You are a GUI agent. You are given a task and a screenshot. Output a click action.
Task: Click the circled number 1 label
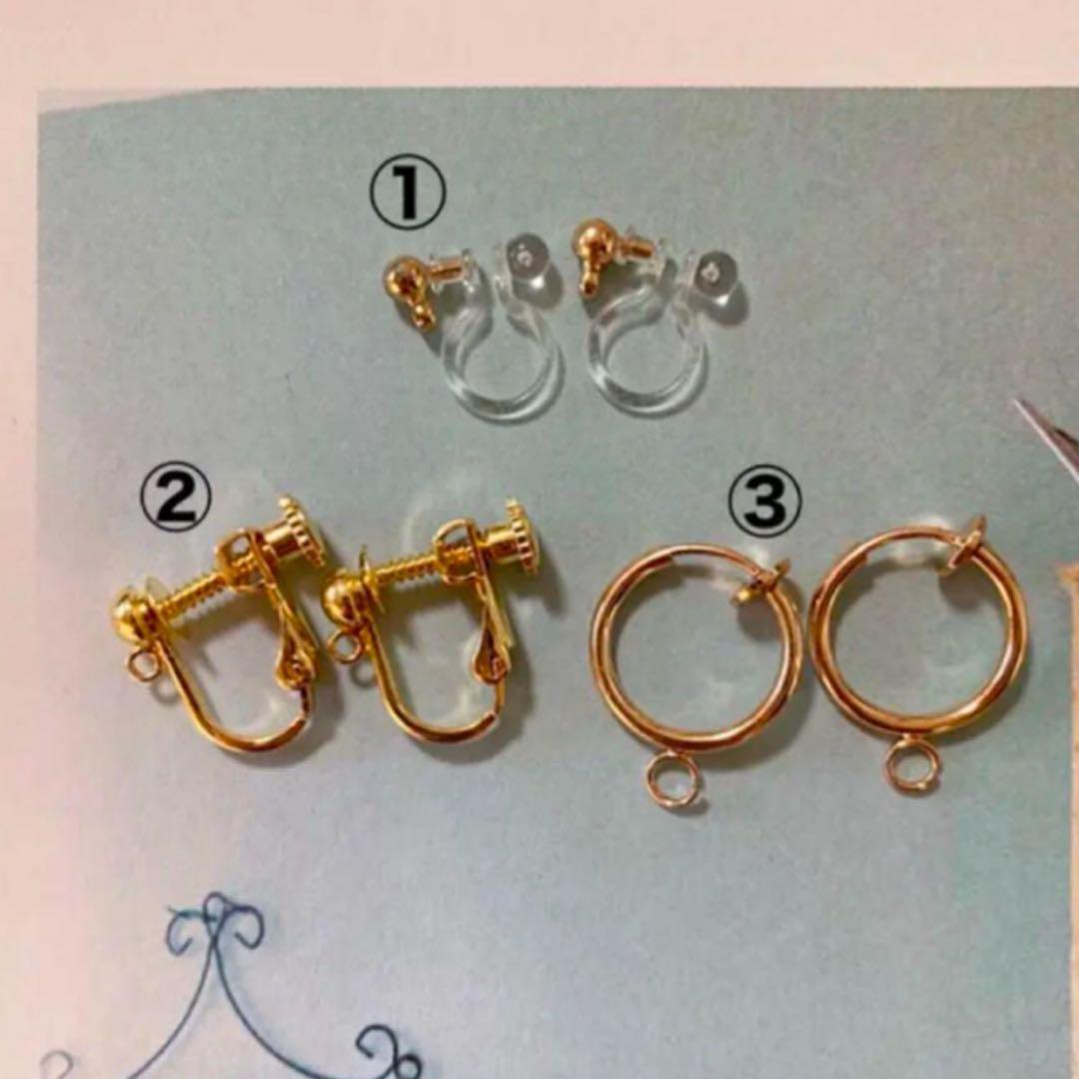(x=408, y=193)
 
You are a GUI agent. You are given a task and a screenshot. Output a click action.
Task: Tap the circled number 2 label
(x=175, y=501)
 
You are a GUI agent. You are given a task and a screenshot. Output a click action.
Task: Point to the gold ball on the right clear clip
(x=595, y=239)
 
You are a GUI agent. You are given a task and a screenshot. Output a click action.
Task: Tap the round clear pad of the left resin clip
(x=528, y=264)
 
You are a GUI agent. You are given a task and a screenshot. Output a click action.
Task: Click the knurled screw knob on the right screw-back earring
(x=523, y=538)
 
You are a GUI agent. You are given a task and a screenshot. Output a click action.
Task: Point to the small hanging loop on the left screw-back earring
(x=144, y=666)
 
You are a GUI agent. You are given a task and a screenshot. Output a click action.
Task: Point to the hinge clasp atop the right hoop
(x=967, y=540)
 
